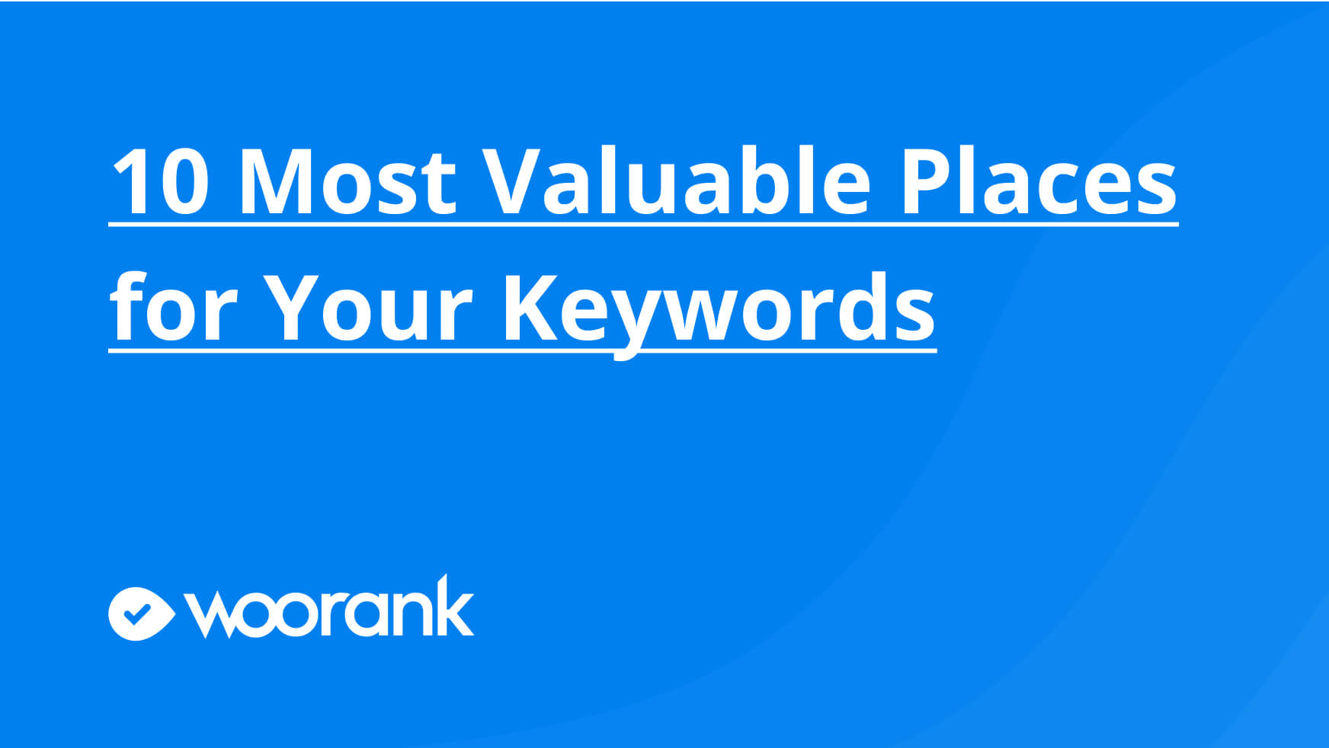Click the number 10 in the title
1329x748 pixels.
(161, 181)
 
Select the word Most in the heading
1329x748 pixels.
(347, 181)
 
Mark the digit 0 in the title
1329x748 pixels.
(183, 181)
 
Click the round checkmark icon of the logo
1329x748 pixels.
(141, 614)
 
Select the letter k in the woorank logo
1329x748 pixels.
(456, 605)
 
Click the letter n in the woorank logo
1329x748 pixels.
(412, 614)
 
